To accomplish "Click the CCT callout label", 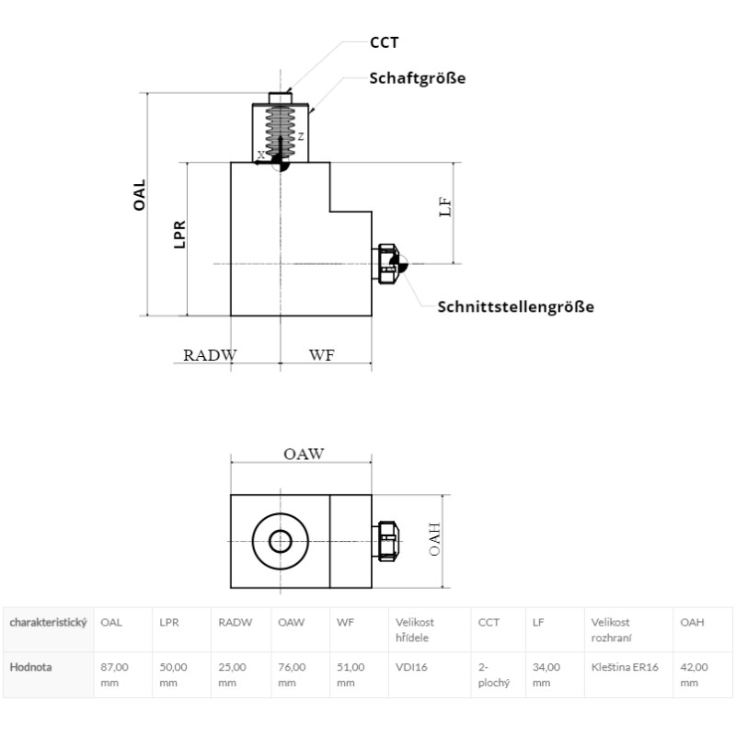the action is tap(384, 42).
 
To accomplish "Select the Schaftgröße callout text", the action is tap(418, 78).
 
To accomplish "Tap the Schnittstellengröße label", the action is tap(516, 306).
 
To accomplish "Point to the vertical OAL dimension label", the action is tap(140, 195).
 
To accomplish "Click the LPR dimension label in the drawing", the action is tap(179, 235).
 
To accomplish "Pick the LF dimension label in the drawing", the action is tap(445, 206).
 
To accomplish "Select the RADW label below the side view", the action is tap(210, 355).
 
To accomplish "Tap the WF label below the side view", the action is tap(321, 355).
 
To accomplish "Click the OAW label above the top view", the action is tap(304, 454).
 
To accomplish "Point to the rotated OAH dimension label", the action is tap(434, 539).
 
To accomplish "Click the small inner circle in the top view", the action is tap(281, 541).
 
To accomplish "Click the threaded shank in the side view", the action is tap(281, 132).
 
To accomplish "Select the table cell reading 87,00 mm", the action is tap(114, 674).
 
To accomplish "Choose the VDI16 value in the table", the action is tap(411, 667).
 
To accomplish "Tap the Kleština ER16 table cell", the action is tap(625, 667).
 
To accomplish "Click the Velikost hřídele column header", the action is tap(415, 630).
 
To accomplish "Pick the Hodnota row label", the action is tap(30, 667).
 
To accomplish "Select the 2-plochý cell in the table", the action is tap(493, 674).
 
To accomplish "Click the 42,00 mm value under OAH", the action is tap(694, 674).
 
